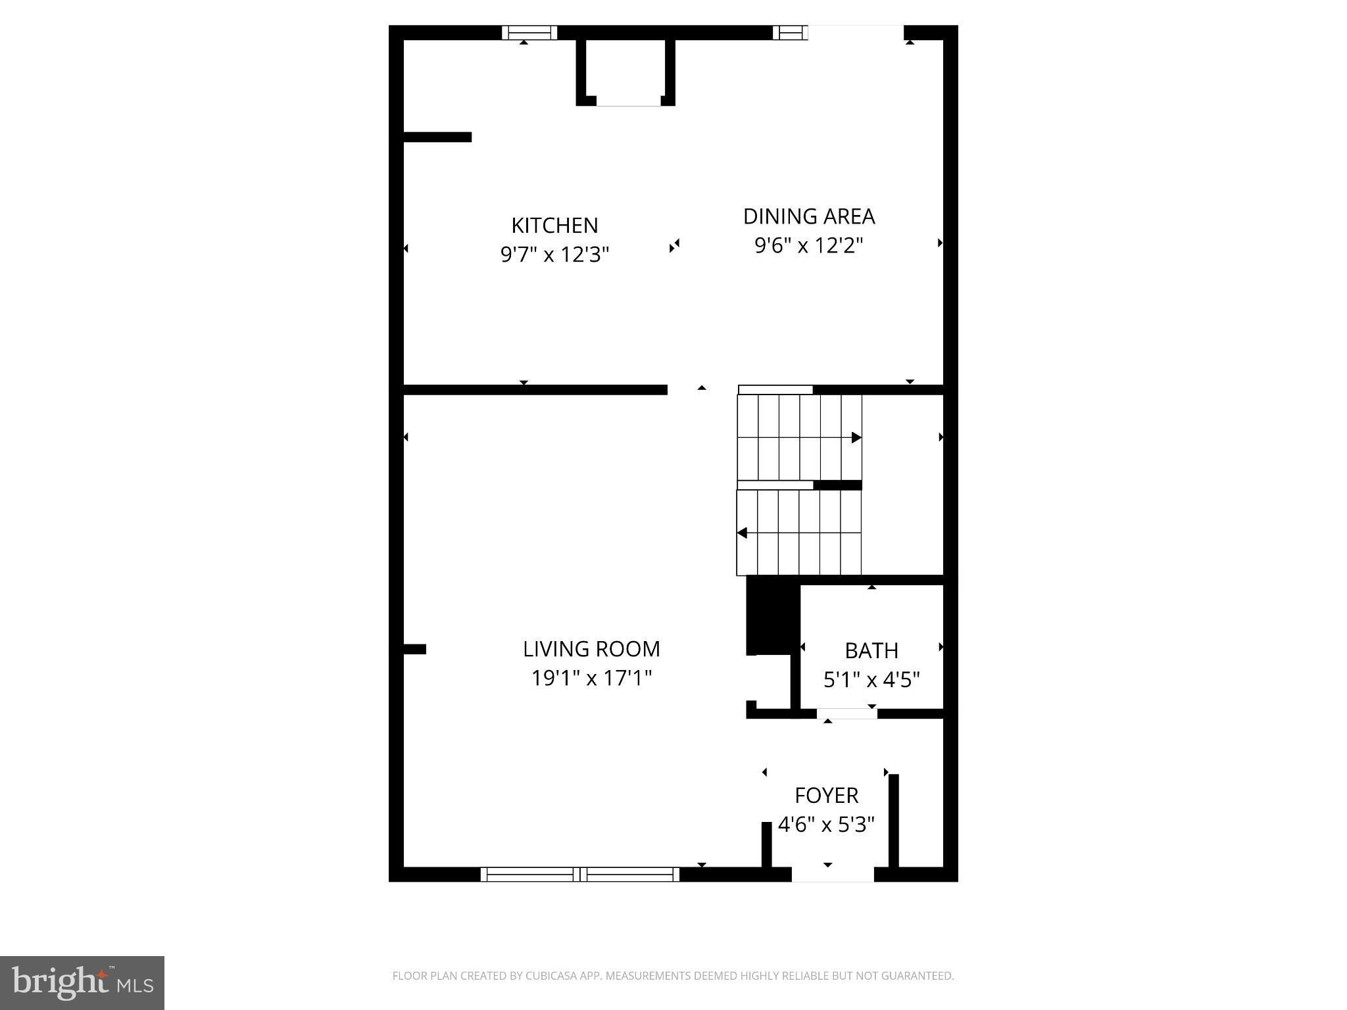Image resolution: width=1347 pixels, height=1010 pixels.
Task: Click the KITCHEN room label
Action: pos(554,226)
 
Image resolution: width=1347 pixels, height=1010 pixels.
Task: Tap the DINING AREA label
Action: pos(808,216)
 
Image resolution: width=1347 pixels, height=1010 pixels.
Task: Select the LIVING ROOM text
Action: pos(591,649)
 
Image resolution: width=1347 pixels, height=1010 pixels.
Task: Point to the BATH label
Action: pos(871,651)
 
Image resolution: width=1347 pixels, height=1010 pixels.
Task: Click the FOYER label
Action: pos(827,796)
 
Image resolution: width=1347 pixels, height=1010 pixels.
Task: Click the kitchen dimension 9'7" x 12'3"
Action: pos(554,254)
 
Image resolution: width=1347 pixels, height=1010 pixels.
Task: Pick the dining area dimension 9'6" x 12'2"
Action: pos(808,246)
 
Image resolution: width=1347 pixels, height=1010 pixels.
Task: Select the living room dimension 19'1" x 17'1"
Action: pos(591,678)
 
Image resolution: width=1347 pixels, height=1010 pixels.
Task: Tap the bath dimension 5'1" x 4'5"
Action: pos(871,680)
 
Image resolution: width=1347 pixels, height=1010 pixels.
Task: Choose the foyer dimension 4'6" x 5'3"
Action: pos(827,825)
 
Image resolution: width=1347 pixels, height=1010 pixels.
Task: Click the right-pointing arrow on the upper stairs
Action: pos(856,437)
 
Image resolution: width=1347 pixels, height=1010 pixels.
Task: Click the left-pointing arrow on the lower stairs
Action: pos(742,533)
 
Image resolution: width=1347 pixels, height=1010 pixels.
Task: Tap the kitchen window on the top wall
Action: pos(529,32)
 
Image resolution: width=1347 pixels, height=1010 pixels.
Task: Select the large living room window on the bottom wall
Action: pos(579,875)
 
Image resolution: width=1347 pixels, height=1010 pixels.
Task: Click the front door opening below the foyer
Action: pos(833,875)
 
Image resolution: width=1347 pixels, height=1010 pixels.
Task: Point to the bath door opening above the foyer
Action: pos(846,714)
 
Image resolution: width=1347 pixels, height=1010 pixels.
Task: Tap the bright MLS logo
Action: pos(82,983)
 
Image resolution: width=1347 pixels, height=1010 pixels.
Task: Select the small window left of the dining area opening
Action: pos(789,32)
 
